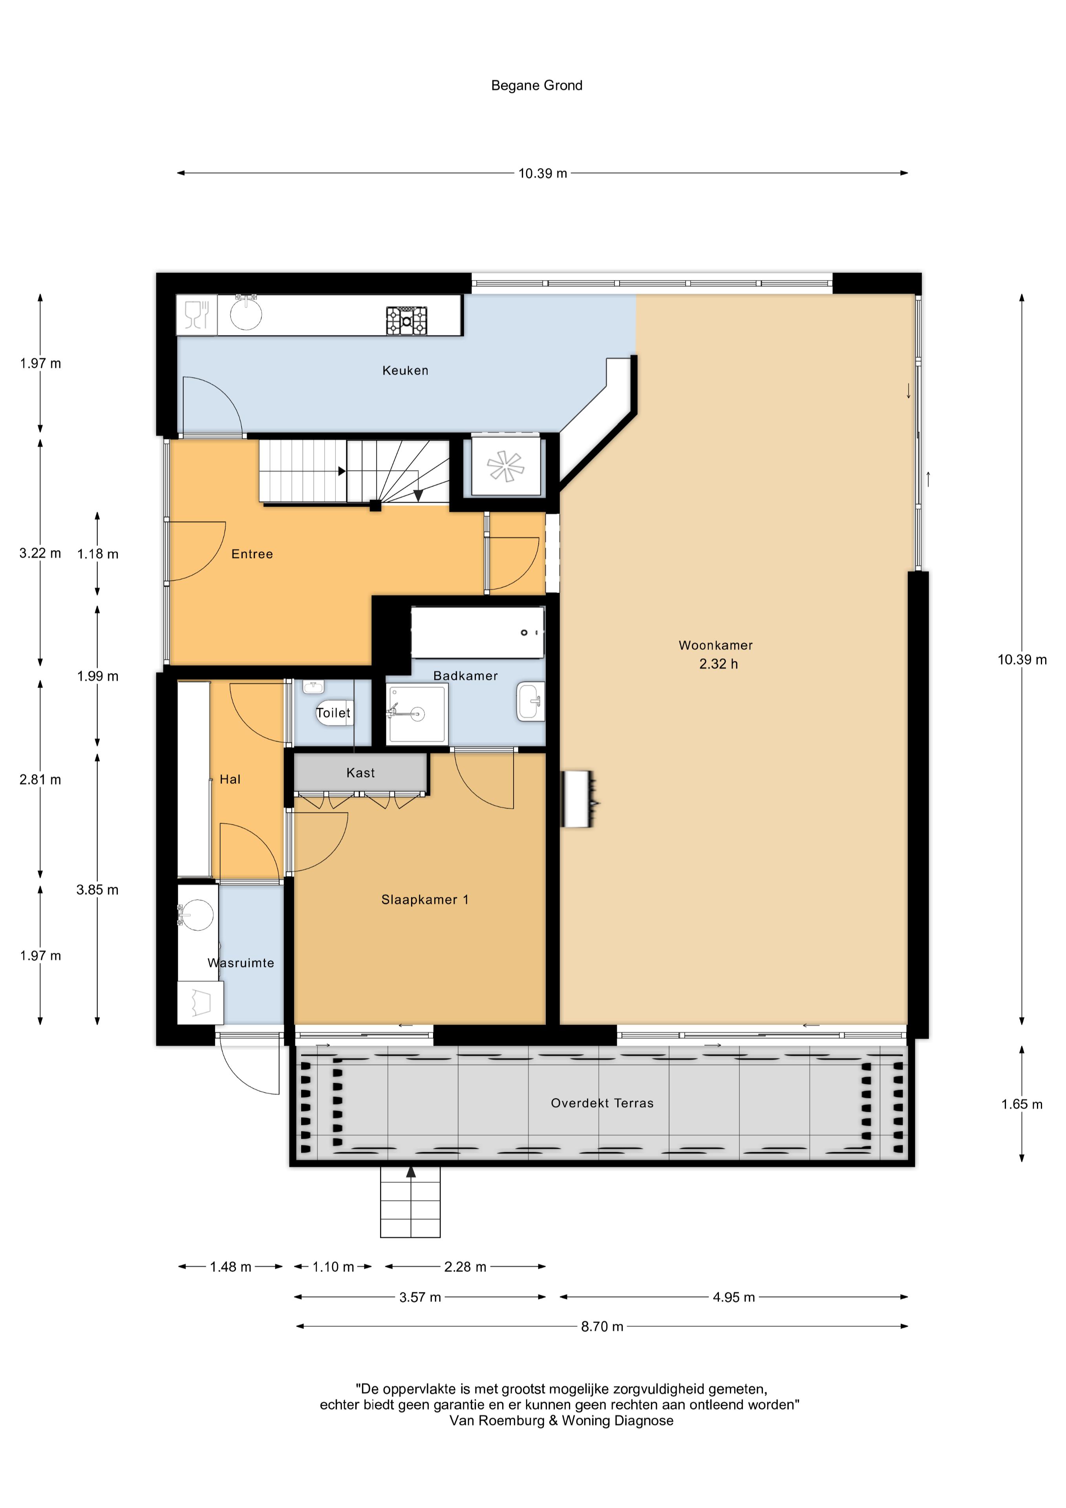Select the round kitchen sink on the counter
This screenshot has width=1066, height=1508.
point(246,313)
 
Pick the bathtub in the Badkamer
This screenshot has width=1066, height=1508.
point(477,633)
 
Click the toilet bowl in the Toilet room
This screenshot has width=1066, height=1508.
point(334,713)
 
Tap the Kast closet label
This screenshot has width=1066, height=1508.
point(360,773)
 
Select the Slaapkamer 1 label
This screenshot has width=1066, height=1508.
point(425,900)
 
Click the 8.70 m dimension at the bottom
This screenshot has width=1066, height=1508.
point(602,1326)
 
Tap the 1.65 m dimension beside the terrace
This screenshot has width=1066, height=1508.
point(1021,1104)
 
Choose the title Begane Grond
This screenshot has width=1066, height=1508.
point(537,85)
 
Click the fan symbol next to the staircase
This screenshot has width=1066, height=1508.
point(506,467)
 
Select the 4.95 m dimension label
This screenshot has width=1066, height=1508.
point(734,1297)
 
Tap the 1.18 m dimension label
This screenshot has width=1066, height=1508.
point(98,554)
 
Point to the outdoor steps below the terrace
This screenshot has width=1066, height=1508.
point(411,1202)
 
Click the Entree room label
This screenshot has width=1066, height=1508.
point(252,554)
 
